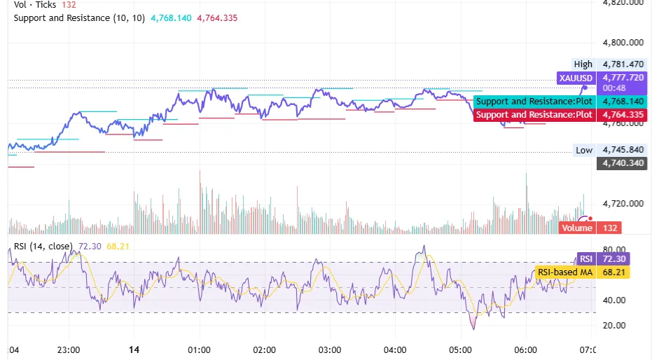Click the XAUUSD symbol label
(576, 78)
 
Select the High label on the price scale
(583, 64)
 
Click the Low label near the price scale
(584, 150)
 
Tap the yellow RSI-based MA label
(565, 272)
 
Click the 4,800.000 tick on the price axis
(623, 42)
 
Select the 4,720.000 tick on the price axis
(623, 204)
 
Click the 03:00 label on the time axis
(329, 349)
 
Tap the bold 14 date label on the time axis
(134, 349)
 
